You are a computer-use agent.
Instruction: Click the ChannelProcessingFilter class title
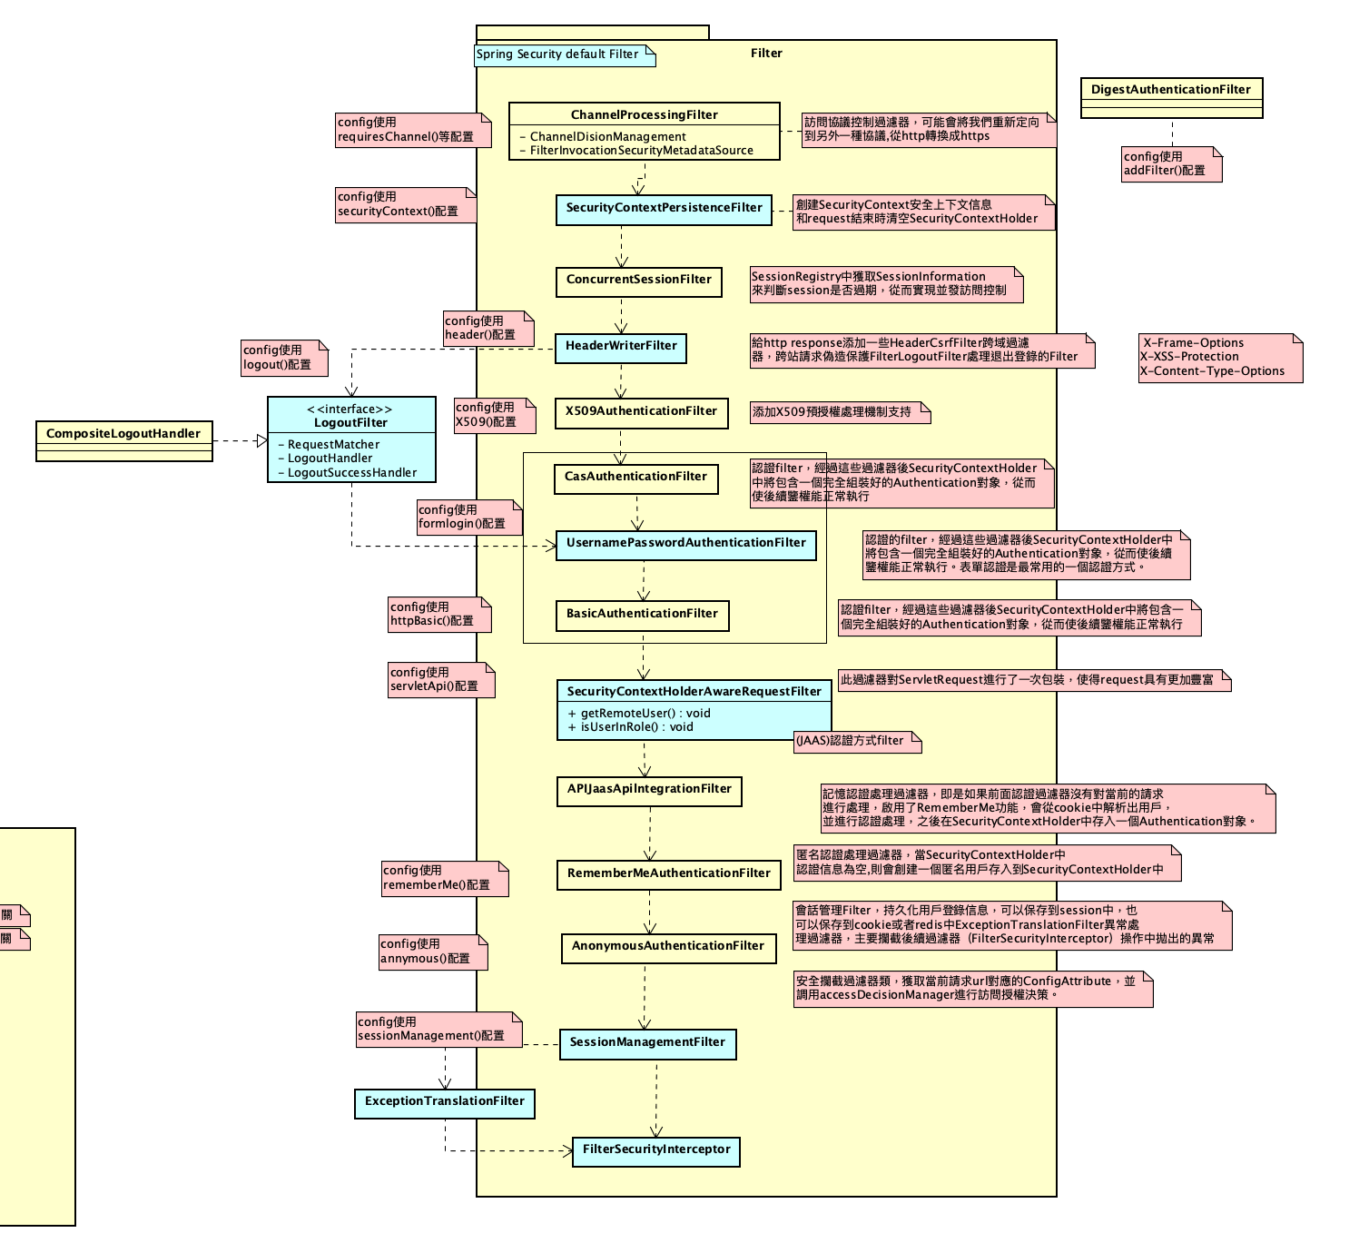pos(644,114)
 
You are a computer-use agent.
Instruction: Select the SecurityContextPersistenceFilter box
pos(664,209)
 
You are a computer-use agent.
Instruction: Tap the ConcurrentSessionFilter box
pos(638,281)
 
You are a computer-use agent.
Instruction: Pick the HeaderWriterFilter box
pos(621,347)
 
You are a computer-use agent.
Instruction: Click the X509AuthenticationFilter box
pos(641,412)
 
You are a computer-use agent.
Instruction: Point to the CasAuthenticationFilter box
pos(635,478)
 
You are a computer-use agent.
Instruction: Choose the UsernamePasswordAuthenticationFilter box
pos(685,544)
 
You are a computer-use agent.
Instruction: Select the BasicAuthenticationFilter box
pos(642,615)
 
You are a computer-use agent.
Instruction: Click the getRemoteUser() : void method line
pos(639,714)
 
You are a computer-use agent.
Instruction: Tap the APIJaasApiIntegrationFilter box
pos(649,790)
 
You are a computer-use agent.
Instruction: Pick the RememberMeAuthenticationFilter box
pos(668,874)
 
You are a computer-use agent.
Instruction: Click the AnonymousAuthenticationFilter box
pos(668,947)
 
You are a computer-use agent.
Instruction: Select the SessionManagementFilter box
pos(647,1043)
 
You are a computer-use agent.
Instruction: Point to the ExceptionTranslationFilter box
pos(444,1102)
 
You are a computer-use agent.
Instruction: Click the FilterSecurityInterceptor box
pos(656,1150)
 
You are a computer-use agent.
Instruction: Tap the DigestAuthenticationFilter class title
pos(1170,90)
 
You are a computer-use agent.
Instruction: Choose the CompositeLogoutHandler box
pos(123,435)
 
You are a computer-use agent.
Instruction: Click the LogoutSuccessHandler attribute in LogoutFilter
pos(352,473)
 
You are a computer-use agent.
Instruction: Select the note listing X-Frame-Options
pos(1219,358)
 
